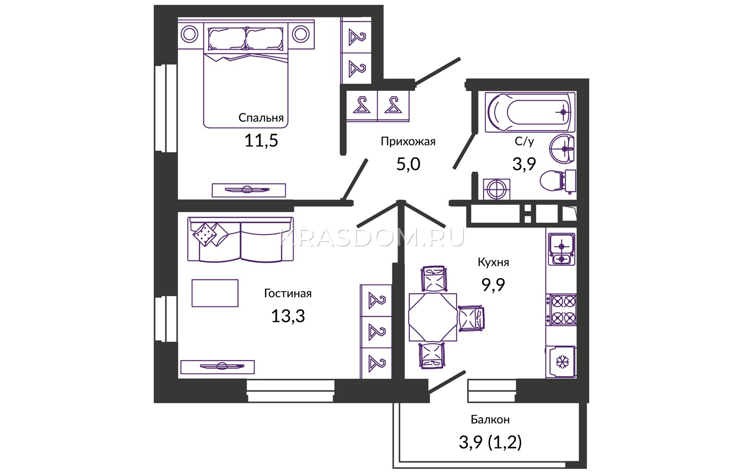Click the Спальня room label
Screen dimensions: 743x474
click(x=261, y=118)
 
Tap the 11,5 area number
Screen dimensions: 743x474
click(x=261, y=141)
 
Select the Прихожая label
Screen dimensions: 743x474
click(x=408, y=142)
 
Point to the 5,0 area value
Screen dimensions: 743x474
click(x=408, y=164)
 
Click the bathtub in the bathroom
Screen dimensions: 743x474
click(x=530, y=112)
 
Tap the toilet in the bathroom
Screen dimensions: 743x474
click(x=558, y=181)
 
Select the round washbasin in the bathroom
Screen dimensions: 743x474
click(x=562, y=149)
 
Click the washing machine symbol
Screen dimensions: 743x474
click(x=496, y=189)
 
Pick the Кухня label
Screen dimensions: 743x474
click(x=493, y=262)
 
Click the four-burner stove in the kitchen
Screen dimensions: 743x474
click(x=561, y=310)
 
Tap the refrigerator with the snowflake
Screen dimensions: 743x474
click(x=561, y=362)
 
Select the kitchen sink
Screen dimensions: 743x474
click(x=561, y=249)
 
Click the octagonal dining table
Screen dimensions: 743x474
click(x=433, y=317)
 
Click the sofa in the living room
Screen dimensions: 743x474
click(x=241, y=239)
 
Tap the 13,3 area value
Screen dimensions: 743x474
click(x=288, y=316)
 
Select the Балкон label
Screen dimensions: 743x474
click(x=490, y=420)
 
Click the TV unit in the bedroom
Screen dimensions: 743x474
click(x=249, y=190)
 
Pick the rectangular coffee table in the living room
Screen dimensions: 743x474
click(x=215, y=293)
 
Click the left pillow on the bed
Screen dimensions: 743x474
click(x=227, y=39)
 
